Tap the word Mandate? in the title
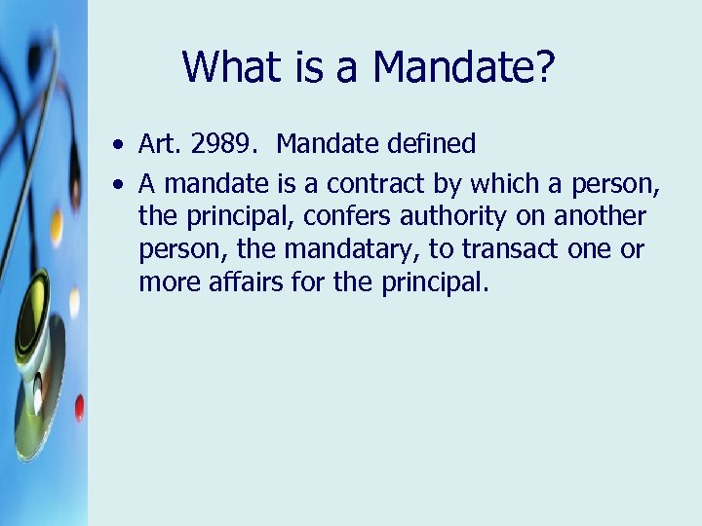(x=463, y=67)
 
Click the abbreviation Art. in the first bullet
(x=161, y=145)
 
